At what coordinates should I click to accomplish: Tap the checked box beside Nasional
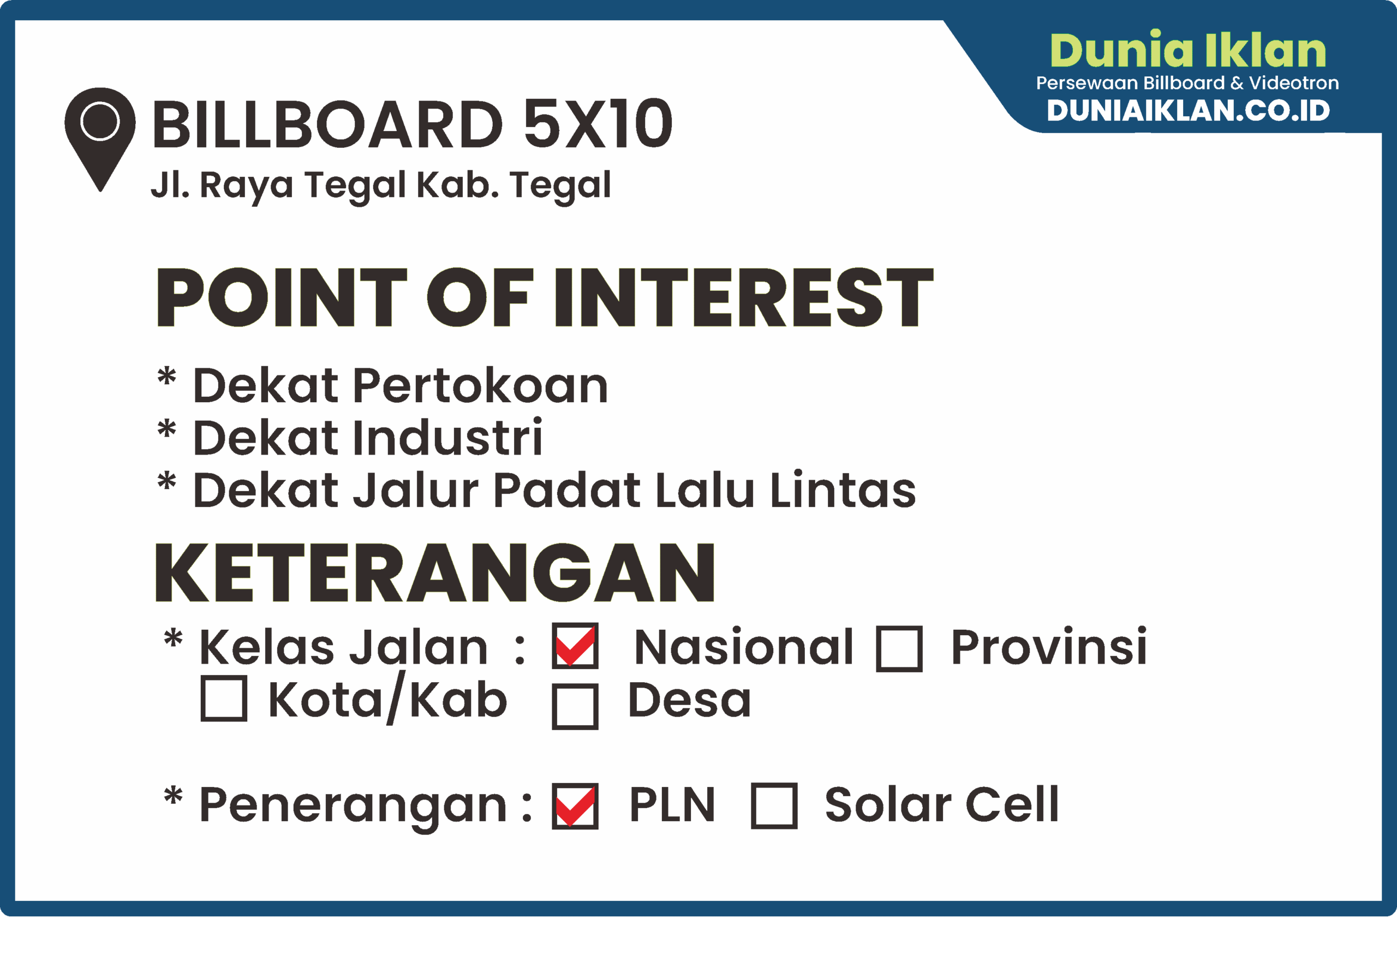(575, 646)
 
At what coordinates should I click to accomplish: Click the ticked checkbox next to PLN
(575, 806)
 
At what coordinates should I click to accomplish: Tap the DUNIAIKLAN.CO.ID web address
(1188, 110)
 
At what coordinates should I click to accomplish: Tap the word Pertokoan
(480, 386)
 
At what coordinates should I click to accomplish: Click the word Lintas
(843, 489)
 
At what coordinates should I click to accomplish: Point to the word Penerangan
(353, 807)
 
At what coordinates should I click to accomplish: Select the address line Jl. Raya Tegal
(279, 186)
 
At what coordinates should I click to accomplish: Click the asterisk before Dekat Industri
(166, 428)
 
